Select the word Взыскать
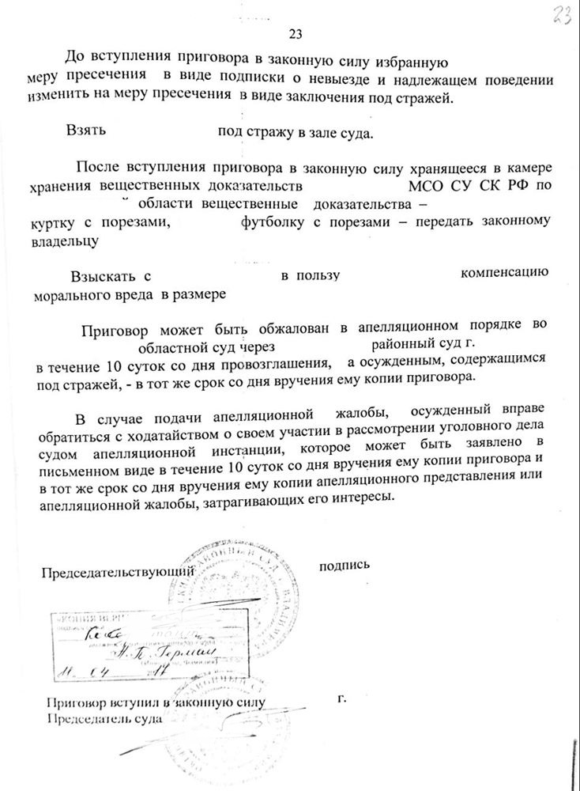click(x=100, y=276)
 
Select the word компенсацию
click(x=504, y=274)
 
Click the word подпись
click(x=345, y=566)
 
